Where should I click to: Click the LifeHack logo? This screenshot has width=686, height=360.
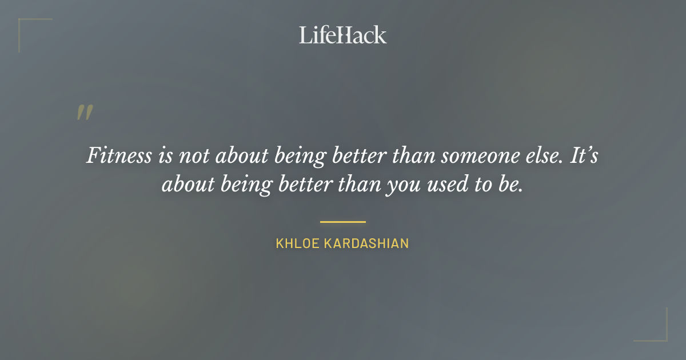(x=343, y=35)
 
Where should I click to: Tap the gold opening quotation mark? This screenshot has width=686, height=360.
(x=85, y=113)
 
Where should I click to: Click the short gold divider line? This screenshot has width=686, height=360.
(x=343, y=222)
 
